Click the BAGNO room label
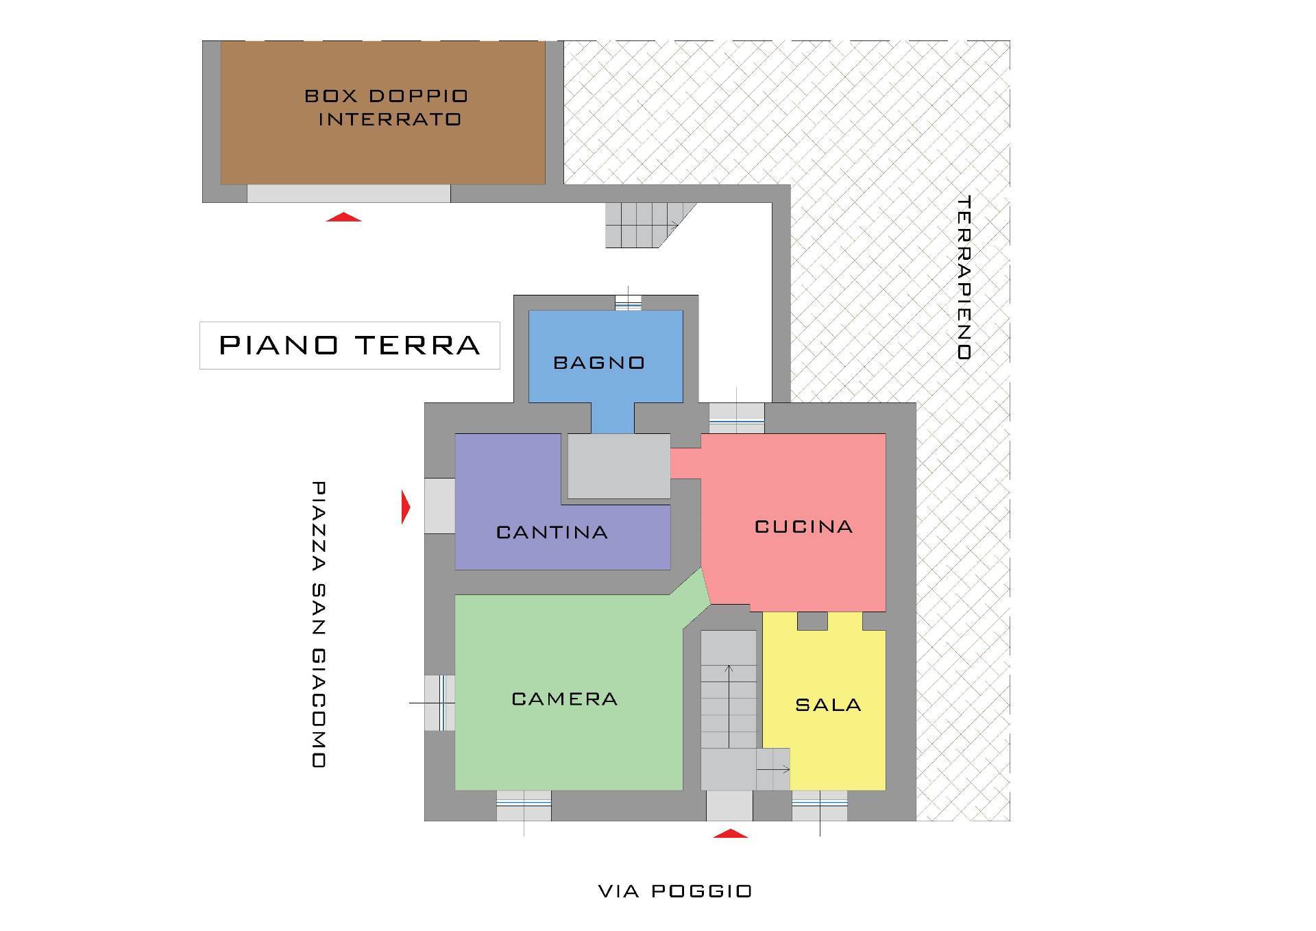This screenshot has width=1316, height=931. [599, 363]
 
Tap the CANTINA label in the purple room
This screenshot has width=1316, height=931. [552, 533]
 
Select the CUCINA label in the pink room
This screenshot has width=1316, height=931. [804, 527]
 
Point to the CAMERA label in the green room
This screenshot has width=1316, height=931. [565, 699]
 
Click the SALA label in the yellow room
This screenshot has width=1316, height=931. [828, 705]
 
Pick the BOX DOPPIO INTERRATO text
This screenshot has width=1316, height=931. [387, 108]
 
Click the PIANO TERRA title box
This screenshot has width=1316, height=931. [350, 346]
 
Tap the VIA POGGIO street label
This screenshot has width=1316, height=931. [675, 891]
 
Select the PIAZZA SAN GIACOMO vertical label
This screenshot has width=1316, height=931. [319, 624]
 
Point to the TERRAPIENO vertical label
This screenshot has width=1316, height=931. [964, 278]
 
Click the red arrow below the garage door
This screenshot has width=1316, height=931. [343, 217]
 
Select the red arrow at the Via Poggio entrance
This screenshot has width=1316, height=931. [731, 833]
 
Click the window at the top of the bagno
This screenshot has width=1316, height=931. [628, 302]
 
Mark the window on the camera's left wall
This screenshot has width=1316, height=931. [439, 703]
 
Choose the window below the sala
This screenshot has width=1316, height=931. [820, 806]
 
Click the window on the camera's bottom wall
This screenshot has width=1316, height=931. [524, 806]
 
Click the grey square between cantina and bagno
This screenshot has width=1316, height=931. [619, 466]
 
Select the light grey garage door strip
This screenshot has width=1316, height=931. [349, 193]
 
